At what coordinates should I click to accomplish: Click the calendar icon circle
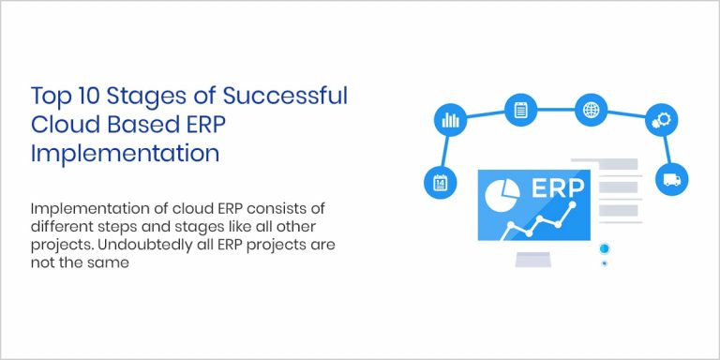[439, 182]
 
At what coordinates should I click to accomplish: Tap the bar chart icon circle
[449, 120]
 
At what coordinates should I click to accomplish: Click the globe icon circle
[591, 110]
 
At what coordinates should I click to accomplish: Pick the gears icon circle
[662, 120]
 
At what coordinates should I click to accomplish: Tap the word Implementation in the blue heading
[125, 153]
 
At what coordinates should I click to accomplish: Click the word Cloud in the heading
[65, 125]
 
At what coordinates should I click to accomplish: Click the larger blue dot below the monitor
[605, 248]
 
